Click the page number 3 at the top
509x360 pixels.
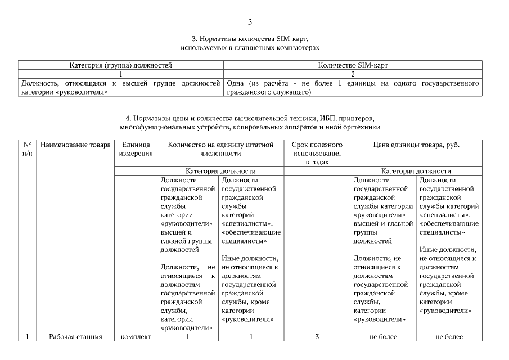tap(250, 22)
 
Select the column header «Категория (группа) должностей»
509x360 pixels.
tap(120, 66)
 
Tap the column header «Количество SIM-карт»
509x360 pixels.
tap(353, 66)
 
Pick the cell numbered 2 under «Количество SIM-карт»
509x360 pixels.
tap(353, 74)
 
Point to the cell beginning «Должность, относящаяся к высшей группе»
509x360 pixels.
tap(120, 87)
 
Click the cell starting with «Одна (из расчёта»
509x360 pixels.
tap(353, 87)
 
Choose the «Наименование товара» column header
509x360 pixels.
tap(75, 145)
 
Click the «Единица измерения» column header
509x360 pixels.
tap(135, 149)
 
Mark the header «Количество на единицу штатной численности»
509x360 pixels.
tap(220, 149)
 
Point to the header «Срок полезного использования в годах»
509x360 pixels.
tap(317, 153)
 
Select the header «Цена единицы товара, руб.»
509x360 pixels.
tap(416, 145)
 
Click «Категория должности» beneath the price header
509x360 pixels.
tap(416, 171)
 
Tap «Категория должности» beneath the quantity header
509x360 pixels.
tap(220, 171)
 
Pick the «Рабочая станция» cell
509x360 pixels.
tap(75, 337)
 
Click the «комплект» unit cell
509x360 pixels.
tap(135, 337)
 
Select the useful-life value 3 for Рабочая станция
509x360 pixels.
tap(317, 337)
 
